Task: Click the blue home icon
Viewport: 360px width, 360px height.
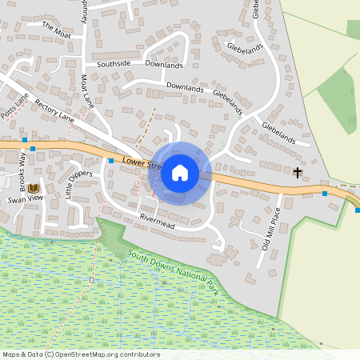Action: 180,173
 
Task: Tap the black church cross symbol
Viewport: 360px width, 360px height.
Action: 298,172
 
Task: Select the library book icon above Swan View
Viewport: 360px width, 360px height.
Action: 34,189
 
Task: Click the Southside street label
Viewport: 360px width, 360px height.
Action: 114,62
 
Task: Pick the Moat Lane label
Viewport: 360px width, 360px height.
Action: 87,91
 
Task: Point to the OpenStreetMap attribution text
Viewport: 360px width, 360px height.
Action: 81,354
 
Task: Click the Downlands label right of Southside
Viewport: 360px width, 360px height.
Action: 164,65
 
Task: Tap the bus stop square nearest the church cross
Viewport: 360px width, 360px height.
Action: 325,194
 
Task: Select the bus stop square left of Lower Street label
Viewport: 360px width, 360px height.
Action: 110,161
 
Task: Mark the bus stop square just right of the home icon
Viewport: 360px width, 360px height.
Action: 214,180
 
